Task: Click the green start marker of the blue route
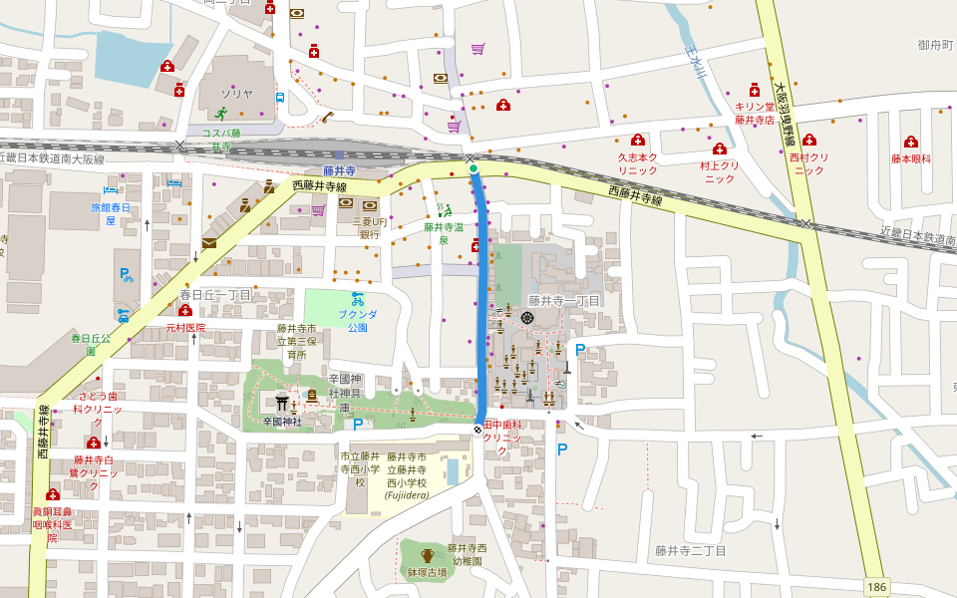pos(474,169)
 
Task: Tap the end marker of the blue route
pos(478,430)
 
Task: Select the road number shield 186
pos(875,587)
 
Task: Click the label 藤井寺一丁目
pos(563,300)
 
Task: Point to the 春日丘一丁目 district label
pos(215,295)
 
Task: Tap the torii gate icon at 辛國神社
pos(282,402)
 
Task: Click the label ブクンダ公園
pos(357,320)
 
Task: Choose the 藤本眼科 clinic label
pos(910,158)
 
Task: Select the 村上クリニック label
pos(719,171)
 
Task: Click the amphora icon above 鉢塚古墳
pos(428,556)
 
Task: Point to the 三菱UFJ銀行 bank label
pos(369,227)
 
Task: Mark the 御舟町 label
pos(935,45)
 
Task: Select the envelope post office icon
pos(208,243)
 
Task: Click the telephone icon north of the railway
pos(327,117)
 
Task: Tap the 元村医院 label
pos(184,327)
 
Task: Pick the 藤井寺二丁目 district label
pos(690,550)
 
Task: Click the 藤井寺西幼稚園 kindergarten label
pos(467,554)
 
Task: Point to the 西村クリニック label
pos(808,163)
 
